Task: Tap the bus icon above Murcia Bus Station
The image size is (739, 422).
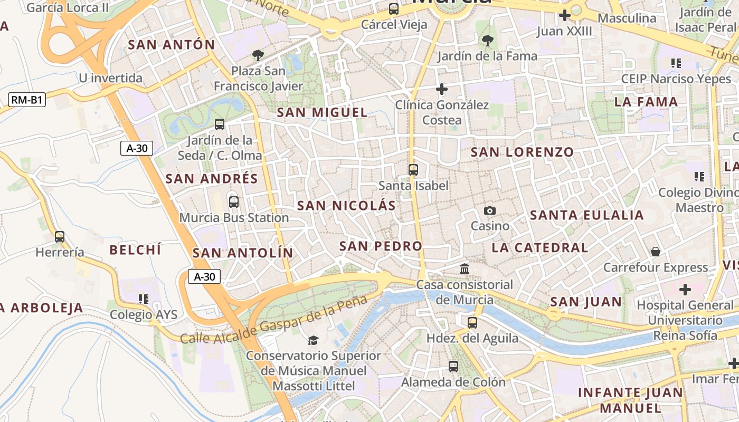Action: [x=233, y=202]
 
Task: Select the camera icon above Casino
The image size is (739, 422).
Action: [x=490, y=211]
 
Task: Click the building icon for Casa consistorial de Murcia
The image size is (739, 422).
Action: [x=465, y=269]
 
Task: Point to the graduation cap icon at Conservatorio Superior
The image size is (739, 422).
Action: [x=314, y=340]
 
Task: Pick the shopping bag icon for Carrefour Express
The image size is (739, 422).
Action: [x=655, y=252]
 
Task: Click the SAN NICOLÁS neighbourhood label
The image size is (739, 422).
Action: [x=346, y=206]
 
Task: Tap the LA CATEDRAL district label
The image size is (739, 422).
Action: [x=540, y=247]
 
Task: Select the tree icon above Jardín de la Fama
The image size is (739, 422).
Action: [x=487, y=40]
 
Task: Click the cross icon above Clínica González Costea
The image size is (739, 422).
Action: [x=442, y=89]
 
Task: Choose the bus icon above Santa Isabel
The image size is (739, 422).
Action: [x=413, y=170]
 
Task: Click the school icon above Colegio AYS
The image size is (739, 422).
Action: [x=143, y=299]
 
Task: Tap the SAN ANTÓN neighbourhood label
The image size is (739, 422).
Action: [x=172, y=45]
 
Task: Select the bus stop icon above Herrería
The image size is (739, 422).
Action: [x=60, y=237]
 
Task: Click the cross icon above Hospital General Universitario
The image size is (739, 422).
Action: [x=685, y=290]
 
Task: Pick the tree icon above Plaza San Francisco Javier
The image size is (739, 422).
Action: [x=258, y=55]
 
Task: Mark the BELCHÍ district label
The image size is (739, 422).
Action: [x=135, y=250]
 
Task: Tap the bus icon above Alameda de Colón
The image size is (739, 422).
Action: [x=453, y=366]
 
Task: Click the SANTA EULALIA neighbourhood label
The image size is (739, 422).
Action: [x=587, y=215]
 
